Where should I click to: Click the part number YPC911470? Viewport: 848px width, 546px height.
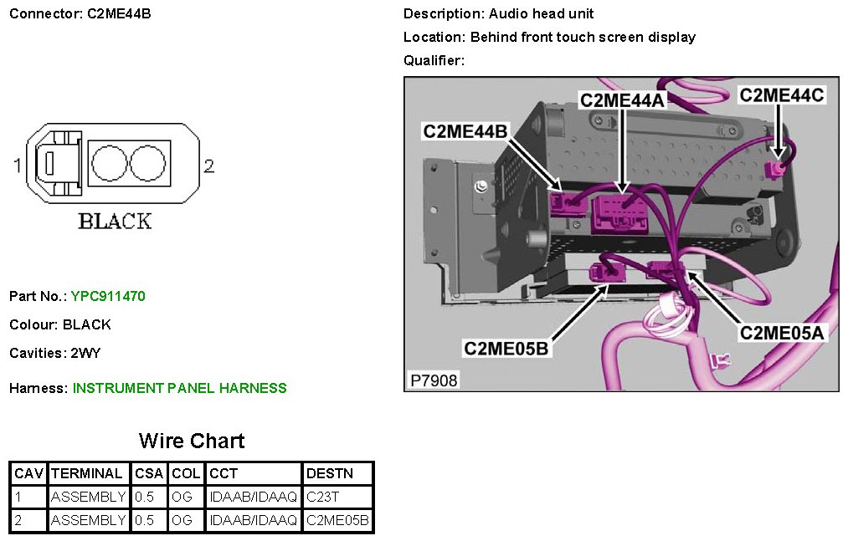[109, 296]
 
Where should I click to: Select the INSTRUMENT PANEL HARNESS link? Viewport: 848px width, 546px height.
[179, 388]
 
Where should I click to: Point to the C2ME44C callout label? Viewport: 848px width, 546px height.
[781, 95]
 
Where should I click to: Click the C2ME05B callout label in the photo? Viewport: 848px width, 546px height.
[506, 348]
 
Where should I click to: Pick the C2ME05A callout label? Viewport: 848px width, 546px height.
[782, 333]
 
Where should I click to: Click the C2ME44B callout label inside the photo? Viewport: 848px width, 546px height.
[465, 131]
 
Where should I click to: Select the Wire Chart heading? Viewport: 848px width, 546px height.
[192, 441]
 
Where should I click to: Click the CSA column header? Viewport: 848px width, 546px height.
[150, 473]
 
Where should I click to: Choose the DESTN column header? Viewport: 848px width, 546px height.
[330, 473]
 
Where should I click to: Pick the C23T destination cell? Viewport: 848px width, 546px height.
[322, 497]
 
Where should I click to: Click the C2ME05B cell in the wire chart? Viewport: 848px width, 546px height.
[337, 520]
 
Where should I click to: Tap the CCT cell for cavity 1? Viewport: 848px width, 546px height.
[253, 497]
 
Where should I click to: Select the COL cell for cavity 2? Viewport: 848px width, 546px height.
[182, 520]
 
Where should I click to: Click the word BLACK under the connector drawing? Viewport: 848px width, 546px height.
[115, 222]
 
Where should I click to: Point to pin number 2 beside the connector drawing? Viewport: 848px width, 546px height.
[208, 166]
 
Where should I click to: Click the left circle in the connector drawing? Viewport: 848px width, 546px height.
[108, 162]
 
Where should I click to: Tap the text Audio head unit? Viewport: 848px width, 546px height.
[541, 14]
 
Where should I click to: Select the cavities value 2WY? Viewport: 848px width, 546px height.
[85, 353]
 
